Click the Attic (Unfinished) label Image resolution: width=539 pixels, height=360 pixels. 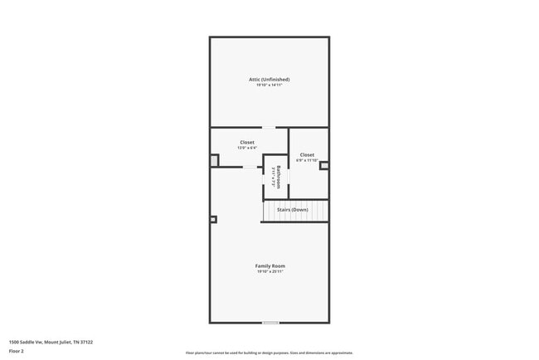(x=269, y=80)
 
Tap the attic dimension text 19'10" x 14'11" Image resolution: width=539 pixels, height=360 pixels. (x=269, y=85)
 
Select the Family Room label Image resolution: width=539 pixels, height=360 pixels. (x=269, y=265)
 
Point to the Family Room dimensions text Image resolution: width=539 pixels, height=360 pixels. (x=269, y=271)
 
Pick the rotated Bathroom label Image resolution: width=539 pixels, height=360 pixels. (x=279, y=178)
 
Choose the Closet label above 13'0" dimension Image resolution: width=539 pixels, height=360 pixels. (x=247, y=142)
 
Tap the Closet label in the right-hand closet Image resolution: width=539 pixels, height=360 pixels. (x=307, y=154)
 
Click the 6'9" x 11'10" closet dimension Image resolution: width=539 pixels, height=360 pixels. (x=307, y=160)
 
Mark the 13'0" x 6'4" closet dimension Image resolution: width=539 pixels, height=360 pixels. (x=247, y=148)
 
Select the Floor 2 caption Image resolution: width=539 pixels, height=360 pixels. (x=17, y=352)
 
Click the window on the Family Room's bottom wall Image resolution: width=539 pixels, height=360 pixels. (x=270, y=323)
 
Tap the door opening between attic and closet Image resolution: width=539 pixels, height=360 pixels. (x=269, y=128)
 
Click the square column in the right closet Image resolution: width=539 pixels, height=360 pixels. (x=324, y=165)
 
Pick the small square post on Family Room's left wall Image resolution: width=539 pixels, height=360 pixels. (x=213, y=220)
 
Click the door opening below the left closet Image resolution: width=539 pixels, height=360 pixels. (x=250, y=167)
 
